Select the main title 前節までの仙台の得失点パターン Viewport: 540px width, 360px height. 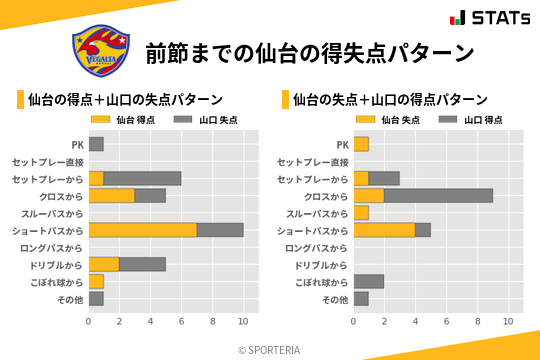(x=309, y=52)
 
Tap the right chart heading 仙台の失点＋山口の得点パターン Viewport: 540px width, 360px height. (x=390, y=100)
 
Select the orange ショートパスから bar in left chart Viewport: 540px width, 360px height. (x=142, y=230)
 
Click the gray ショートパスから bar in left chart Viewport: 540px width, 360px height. (x=220, y=230)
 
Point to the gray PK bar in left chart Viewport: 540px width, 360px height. (x=96, y=144)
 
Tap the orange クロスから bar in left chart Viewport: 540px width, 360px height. (x=111, y=196)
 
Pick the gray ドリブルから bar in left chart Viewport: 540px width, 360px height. (x=142, y=264)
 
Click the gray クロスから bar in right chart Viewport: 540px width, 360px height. (x=438, y=196)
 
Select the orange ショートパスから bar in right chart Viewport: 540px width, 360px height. (x=384, y=230)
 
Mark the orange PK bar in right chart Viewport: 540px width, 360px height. (x=361, y=144)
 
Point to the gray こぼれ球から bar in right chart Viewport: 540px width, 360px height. (x=369, y=281)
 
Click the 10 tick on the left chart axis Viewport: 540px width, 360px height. (x=243, y=321)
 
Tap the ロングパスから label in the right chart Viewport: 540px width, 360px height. (x=317, y=247)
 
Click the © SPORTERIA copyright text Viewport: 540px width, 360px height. (x=269, y=350)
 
